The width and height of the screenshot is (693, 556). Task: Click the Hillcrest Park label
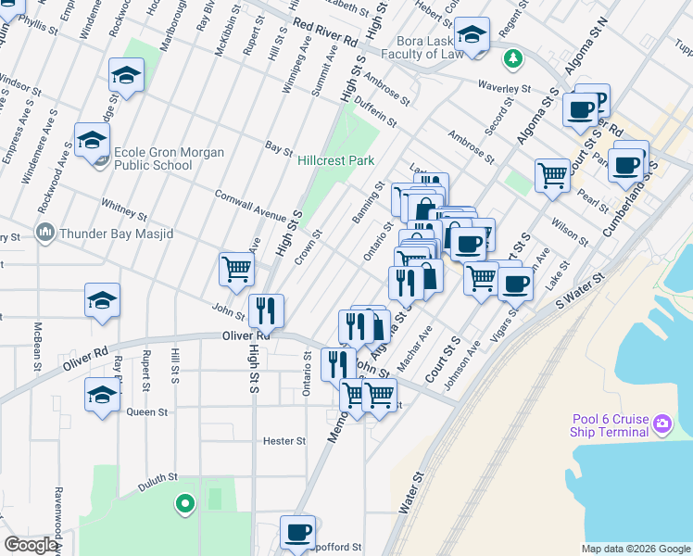[x=335, y=160]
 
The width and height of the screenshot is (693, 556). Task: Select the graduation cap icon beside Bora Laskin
[x=472, y=38]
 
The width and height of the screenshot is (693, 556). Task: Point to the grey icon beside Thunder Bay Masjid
[x=44, y=232]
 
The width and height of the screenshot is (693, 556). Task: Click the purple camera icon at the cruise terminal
[x=661, y=425]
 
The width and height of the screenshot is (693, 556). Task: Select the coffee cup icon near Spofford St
[x=297, y=533]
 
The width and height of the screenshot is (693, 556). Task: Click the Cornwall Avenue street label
[x=250, y=206]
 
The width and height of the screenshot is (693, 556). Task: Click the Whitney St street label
[x=124, y=209]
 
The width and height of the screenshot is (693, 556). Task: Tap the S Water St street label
[x=579, y=289]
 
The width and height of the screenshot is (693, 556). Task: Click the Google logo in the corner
[x=31, y=545]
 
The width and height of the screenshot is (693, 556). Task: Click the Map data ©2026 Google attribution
[x=635, y=549]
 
